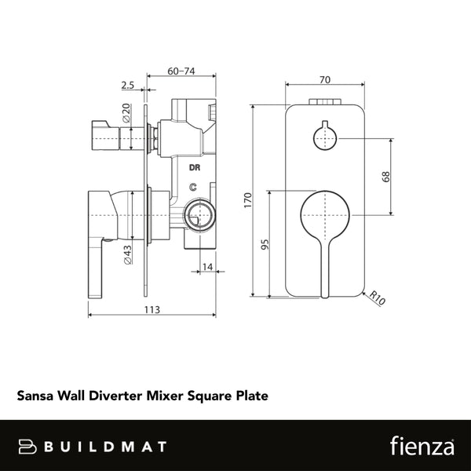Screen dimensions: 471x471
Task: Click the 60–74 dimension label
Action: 182,71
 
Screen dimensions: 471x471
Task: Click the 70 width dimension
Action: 325,78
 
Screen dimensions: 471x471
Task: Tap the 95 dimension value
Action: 266,245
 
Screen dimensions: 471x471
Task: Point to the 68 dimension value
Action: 385,176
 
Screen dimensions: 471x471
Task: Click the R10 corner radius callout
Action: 378,298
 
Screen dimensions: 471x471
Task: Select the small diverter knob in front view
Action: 324,137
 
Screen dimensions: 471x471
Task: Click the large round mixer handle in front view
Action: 325,217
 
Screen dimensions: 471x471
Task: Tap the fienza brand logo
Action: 422,446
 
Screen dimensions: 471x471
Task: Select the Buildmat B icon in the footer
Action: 29,446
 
